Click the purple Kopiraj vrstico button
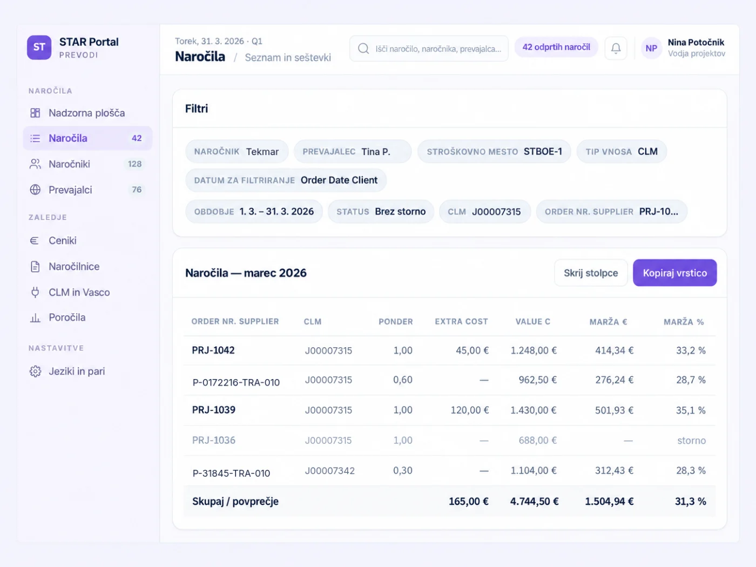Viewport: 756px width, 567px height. click(674, 273)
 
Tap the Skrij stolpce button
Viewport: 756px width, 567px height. click(591, 273)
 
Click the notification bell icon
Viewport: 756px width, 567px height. click(616, 48)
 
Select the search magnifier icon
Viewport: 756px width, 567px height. click(363, 49)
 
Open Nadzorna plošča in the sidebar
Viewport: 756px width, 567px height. click(87, 113)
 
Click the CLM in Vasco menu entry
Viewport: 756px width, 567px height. click(79, 292)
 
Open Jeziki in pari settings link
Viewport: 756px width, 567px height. click(77, 371)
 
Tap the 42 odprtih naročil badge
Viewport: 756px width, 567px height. click(556, 47)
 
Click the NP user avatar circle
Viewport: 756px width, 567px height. click(651, 48)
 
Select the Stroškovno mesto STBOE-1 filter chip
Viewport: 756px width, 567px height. click(494, 152)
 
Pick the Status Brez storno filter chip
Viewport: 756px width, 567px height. click(381, 211)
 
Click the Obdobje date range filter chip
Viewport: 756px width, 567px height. click(254, 211)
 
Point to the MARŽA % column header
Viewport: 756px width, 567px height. click(684, 321)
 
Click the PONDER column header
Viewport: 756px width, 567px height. click(396, 321)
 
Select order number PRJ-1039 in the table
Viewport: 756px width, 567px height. click(213, 410)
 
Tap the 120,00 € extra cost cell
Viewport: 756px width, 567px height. click(470, 410)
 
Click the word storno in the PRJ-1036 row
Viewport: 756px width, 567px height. click(692, 440)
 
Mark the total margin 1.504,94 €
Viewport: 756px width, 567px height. click(609, 501)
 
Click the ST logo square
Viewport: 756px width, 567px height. click(39, 47)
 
